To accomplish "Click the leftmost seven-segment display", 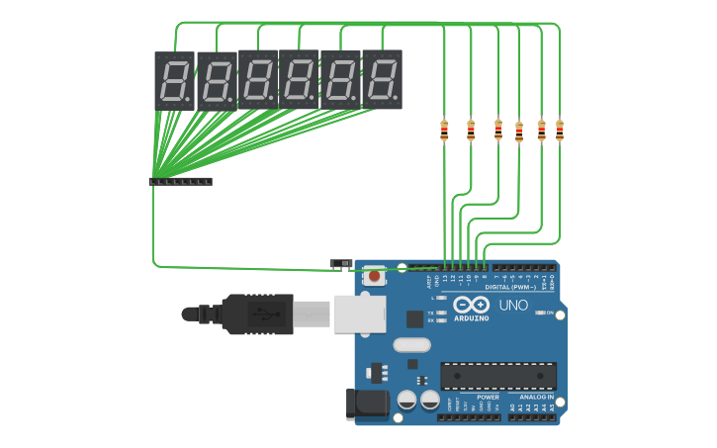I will (x=174, y=80).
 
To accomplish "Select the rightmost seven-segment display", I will (x=382, y=78).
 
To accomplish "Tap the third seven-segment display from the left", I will (x=257, y=79).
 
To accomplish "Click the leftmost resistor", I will (x=444, y=130).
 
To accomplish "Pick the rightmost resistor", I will (x=560, y=130).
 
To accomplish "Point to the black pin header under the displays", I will (x=180, y=182).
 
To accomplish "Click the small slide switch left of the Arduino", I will (x=340, y=264).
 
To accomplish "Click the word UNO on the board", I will (x=513, y=306).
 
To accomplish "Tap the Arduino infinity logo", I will (x=472, y=305).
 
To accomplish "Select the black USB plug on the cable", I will (x=257, y=314).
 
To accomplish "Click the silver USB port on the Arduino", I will (x=358, y=314).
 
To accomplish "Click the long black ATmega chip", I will (x=497, y=376).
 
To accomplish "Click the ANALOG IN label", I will (x=536, y=397).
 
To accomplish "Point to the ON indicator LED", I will (x=539, y=313).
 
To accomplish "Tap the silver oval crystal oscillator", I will (x=411, y=345).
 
